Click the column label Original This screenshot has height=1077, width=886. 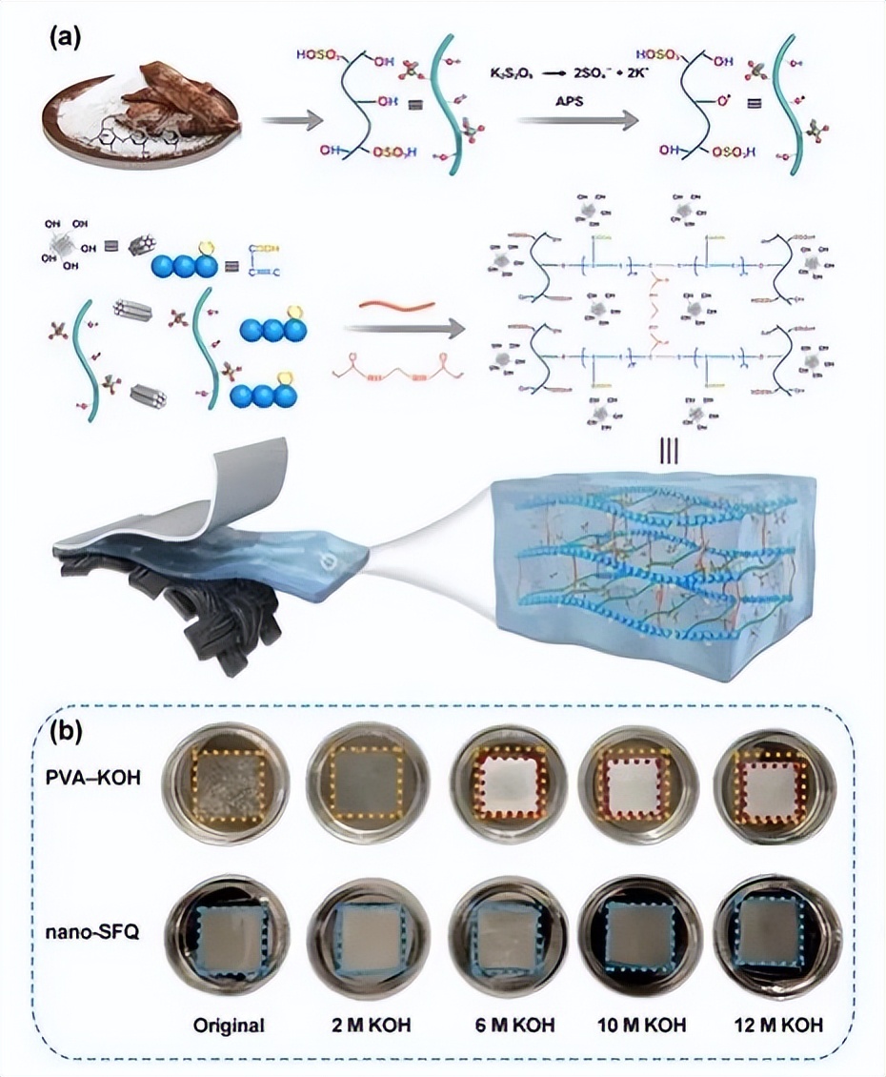(228, 1026)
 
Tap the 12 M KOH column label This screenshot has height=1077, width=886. (780, 1026)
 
